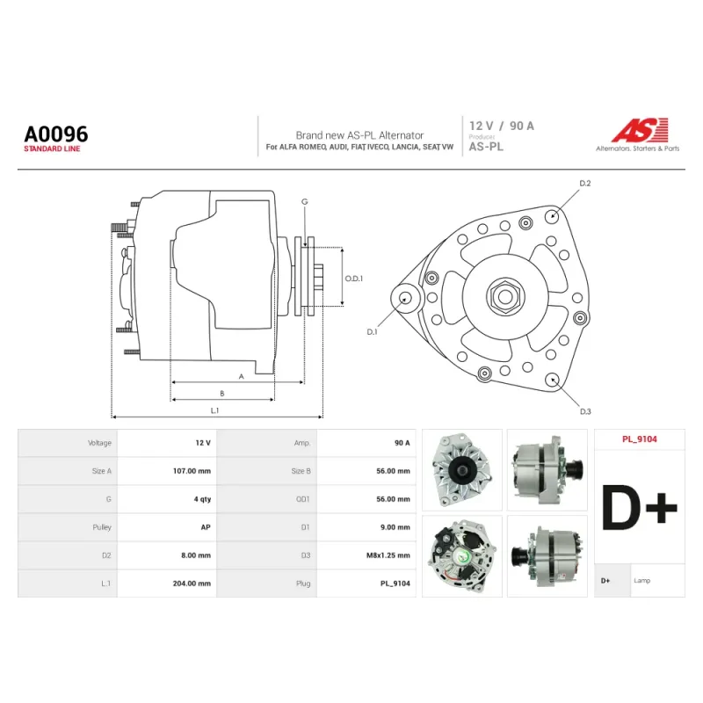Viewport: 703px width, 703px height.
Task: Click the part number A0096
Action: point(56,134)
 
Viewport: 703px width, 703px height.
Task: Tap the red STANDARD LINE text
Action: point(52,149)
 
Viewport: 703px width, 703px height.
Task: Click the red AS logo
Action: point(641,130)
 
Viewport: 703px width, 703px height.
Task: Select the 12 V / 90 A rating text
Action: point(502,126)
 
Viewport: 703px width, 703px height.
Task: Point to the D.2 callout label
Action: point(585,184)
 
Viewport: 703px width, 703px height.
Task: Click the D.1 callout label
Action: point(372,332)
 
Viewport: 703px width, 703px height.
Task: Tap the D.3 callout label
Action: point(585,411)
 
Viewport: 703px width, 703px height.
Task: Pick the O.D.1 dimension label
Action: point(354,279)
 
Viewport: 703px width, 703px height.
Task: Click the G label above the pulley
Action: point(305,202)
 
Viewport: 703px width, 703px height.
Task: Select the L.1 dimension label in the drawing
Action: point(214,410)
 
